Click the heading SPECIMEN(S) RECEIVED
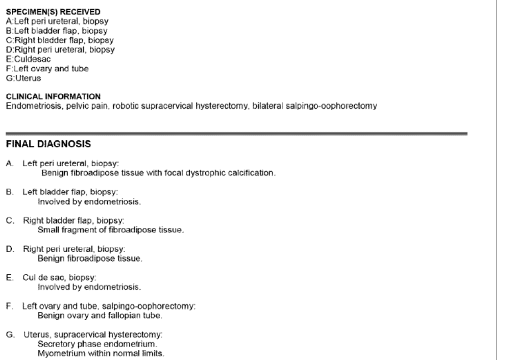tap(53, 12)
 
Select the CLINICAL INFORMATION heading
tap(53, 96)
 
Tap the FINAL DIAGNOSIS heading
tap(48, 144)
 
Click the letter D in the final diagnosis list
tap(10, 249)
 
